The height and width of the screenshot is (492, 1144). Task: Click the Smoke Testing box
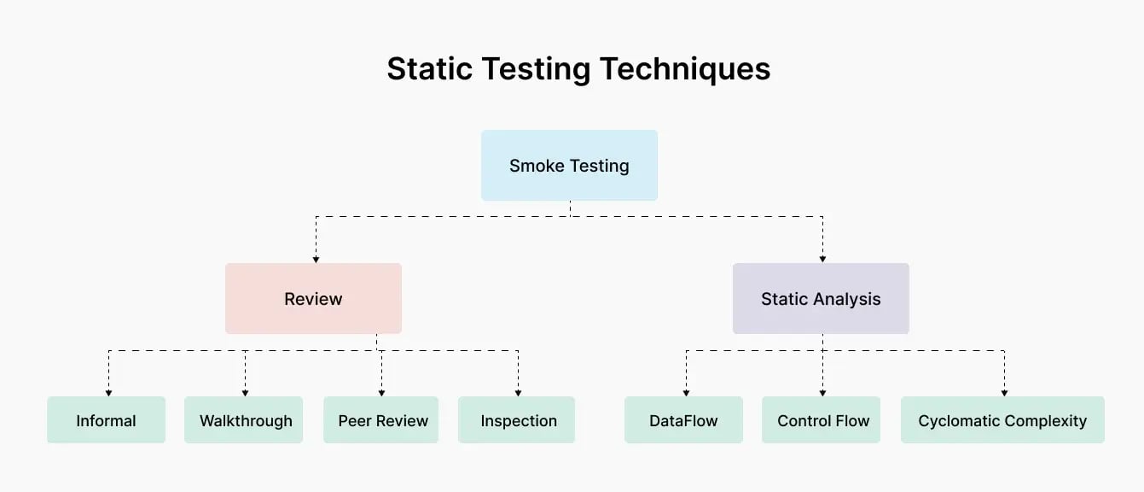point(569,166)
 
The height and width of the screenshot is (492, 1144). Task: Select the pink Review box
point(313,299)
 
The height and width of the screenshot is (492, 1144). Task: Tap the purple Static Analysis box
point(821,299)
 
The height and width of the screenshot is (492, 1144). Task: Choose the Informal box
point(106,420)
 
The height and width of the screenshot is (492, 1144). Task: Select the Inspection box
point(518,420)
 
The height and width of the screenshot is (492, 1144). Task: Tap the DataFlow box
point(683,420)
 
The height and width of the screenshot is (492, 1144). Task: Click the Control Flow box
point(822,420)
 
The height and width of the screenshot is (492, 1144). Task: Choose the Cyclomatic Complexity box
point(1002,420)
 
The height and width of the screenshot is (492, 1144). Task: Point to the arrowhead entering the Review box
point(316,258)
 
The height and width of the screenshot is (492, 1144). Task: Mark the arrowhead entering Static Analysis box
point(823,258)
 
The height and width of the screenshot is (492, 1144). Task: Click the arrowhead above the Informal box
point(109,392)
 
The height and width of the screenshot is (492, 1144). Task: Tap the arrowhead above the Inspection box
point(518,392)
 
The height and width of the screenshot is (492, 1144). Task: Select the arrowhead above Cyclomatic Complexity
point(1004,392)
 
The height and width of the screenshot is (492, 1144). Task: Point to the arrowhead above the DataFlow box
point(686,392)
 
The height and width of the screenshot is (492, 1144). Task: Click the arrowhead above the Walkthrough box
point(245,392)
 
